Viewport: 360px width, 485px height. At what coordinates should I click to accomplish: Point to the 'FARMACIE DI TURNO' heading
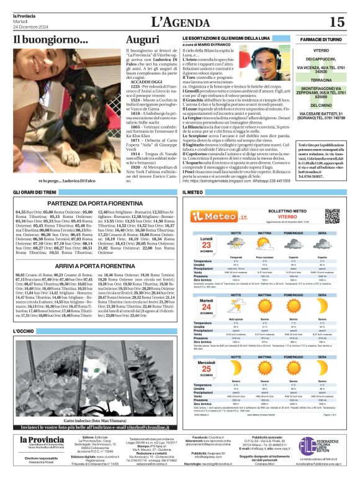click(x=319, y=39)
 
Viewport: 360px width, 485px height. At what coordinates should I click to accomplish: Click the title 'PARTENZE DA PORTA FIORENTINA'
click(x=91, y=202)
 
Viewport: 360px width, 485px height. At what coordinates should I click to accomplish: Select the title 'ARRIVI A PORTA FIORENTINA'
click(x=91, y=265)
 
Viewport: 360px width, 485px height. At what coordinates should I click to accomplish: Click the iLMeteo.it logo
click(x=214, y=215)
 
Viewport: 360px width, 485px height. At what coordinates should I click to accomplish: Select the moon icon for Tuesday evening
click(x=322, y=306)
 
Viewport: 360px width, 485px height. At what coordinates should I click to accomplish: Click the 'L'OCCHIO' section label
click(x=24, y=332)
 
